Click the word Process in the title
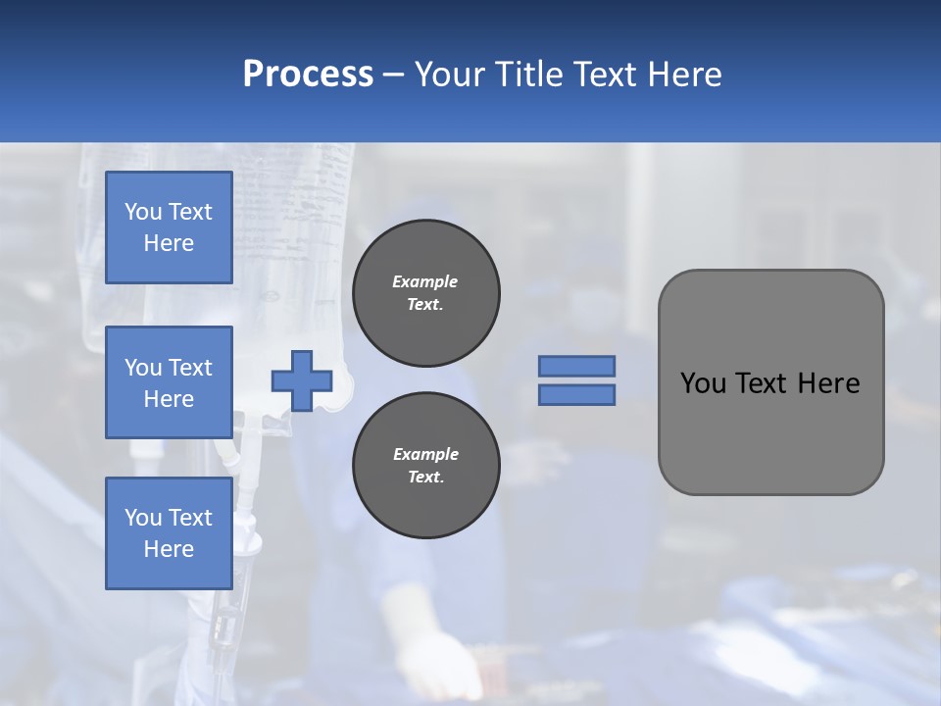[308, 75]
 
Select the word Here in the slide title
[683, 75]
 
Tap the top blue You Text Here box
[169, 227]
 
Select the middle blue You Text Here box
[169, 382]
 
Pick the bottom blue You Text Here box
[169, 533]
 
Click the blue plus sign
[301, 381]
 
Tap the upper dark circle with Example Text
[425, 293]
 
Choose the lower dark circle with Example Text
[425, 466]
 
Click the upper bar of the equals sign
[576, 366]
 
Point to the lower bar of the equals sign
[576, 395]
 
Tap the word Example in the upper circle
[425, 281]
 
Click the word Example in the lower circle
[425, 454]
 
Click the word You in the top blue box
[143, 212]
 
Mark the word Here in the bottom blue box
[169, 549]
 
